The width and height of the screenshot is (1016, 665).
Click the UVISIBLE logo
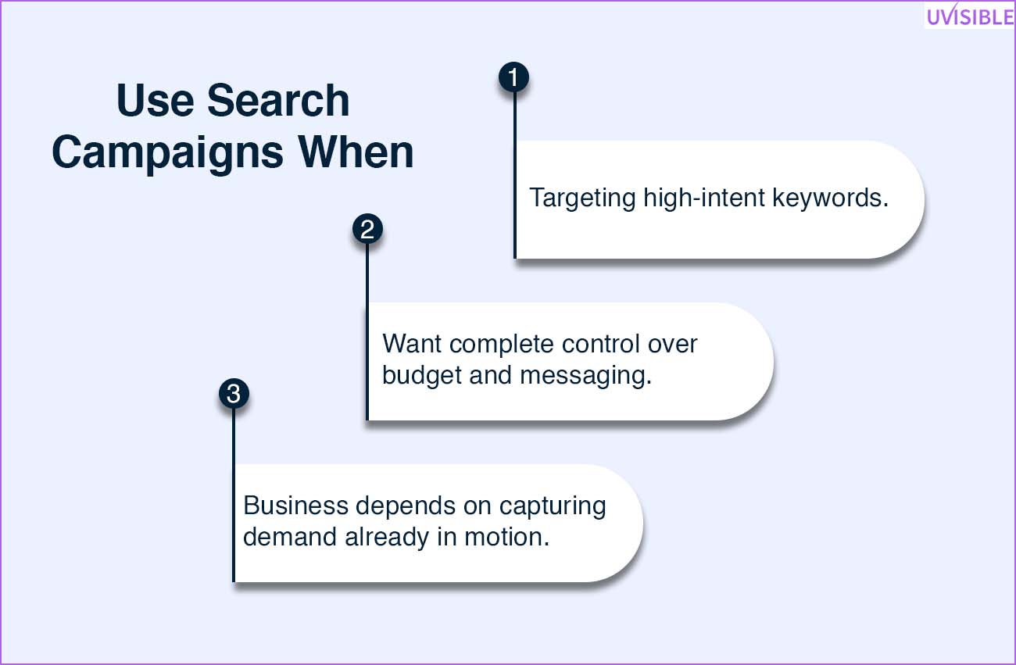[970, 16]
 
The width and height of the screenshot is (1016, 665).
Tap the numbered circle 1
[513, 77]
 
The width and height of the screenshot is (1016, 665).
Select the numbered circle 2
[367, 229]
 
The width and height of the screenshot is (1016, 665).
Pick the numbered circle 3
[234, 393]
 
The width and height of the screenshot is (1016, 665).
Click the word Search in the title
[278, 100]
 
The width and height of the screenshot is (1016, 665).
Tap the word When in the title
[356, 152]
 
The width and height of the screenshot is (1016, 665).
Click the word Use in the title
[155, 100]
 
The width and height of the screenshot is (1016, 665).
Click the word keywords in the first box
[830, 198]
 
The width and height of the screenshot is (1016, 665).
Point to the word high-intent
[704, 198]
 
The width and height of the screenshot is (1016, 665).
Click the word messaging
[585, 376]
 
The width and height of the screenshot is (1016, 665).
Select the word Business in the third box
[295, 506]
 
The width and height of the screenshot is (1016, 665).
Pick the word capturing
[553, 506]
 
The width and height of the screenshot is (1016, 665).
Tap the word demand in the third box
[290, 537]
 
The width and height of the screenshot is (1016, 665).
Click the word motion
[506, 537]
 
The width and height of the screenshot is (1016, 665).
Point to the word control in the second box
[601, 344]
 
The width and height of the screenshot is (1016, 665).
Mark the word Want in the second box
[412, 344]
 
